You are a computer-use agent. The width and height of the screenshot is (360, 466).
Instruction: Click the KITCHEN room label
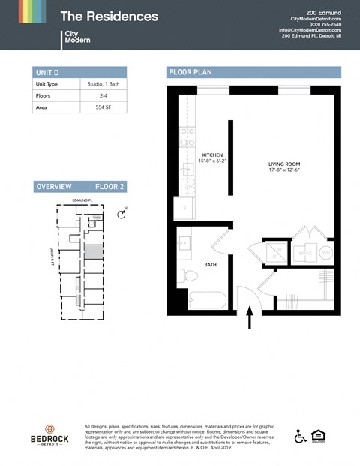211,155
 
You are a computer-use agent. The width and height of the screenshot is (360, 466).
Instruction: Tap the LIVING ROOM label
284,164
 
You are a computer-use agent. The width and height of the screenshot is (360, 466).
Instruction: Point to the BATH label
211,263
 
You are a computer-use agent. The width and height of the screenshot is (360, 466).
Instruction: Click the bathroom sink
184,244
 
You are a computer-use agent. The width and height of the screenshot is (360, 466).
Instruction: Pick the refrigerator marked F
184,207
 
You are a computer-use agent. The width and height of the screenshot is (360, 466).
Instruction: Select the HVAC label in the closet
305,254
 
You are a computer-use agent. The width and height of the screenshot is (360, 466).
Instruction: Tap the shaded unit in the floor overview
92,252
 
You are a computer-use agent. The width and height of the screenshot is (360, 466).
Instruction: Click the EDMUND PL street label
81,201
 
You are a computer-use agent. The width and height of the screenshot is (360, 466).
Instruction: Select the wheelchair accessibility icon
299,436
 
